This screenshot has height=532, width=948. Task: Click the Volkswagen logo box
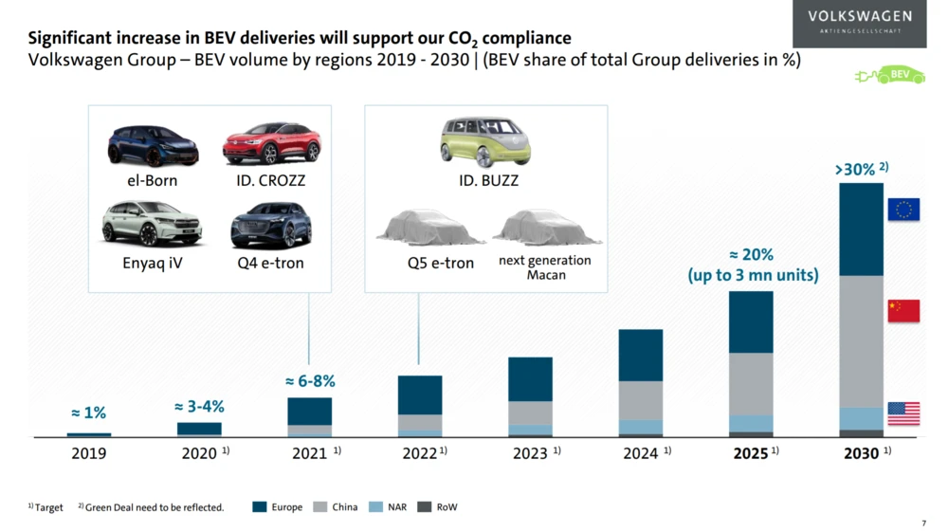(860, 24)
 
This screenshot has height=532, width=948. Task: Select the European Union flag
(903, 210)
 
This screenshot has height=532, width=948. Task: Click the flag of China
(903, 311)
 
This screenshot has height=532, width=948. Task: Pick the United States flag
(903, 413)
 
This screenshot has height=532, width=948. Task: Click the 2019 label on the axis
(88, 454)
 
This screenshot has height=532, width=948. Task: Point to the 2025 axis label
(750, 454)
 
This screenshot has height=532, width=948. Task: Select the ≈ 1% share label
(88, 413)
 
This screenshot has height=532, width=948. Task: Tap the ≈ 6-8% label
(310, 381)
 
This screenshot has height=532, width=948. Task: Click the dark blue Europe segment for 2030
(862, 229)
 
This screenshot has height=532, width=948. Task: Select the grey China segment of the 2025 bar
(751, 384)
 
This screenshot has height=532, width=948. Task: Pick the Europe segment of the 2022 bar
(420, 394)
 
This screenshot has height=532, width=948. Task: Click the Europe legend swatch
(259, 507)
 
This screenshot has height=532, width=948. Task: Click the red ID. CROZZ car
(271, 143)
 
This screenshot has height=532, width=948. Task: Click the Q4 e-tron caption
(271, 263)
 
